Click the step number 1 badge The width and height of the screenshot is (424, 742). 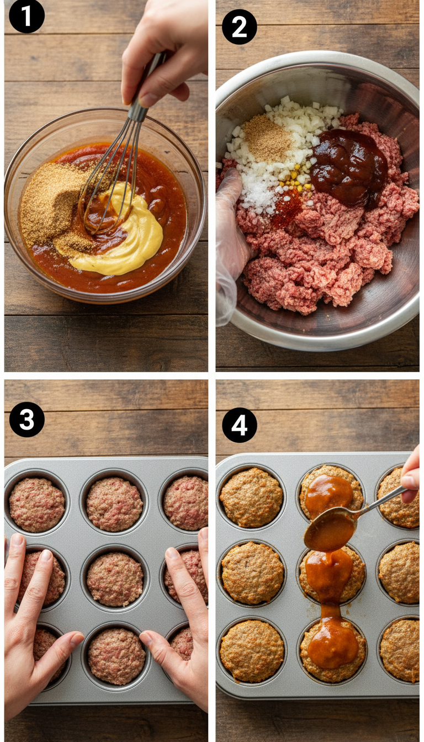26,17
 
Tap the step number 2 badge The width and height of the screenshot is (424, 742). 239,26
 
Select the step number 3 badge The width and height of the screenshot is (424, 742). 26,419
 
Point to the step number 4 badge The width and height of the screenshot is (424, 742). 239,425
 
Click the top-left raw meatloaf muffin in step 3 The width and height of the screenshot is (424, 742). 37,504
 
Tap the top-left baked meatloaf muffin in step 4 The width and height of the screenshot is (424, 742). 251,497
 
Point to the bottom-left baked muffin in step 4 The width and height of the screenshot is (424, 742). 252,650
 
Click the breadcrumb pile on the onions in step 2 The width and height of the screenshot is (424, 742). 267,138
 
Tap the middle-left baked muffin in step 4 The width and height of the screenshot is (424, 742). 252,573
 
